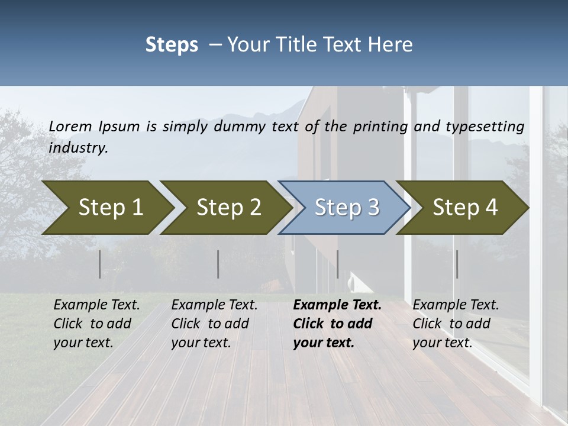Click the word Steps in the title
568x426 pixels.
click(172, 44)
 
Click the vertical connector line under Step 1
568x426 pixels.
click(100, 264)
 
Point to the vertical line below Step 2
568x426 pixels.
click(218, 264)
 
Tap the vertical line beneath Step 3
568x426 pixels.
click(337, 264)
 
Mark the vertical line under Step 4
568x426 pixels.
click(457, 264)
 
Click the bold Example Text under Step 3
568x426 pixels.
click(337, 305)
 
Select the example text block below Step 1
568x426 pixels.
click(96, 324)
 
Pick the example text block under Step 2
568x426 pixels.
click(214, 324)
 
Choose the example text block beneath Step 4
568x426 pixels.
click(456, 324)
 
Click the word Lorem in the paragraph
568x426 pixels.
click(70, 126)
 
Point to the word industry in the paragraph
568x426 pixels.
click(78, 147)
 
